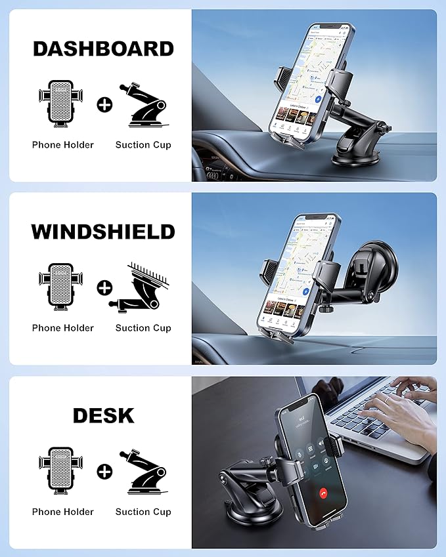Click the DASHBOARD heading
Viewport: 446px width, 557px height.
click(x=103, y=49)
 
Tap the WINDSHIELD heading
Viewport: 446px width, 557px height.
click(x=103, y=232)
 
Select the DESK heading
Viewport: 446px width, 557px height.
click(x=103, y=415)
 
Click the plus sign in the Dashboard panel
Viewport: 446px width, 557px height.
click(x=104, y=104)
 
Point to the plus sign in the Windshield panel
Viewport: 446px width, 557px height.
click(x=104, y=287)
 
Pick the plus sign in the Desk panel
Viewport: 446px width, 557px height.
click(x=104, y=471)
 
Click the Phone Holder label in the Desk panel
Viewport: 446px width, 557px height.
click(x=63, y=512)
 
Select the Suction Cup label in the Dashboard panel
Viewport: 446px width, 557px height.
click(x=143, y=145)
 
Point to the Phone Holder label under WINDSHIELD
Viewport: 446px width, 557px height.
click(x=63, y=328)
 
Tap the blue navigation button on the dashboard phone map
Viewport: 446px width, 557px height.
click(x=318, y=98)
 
